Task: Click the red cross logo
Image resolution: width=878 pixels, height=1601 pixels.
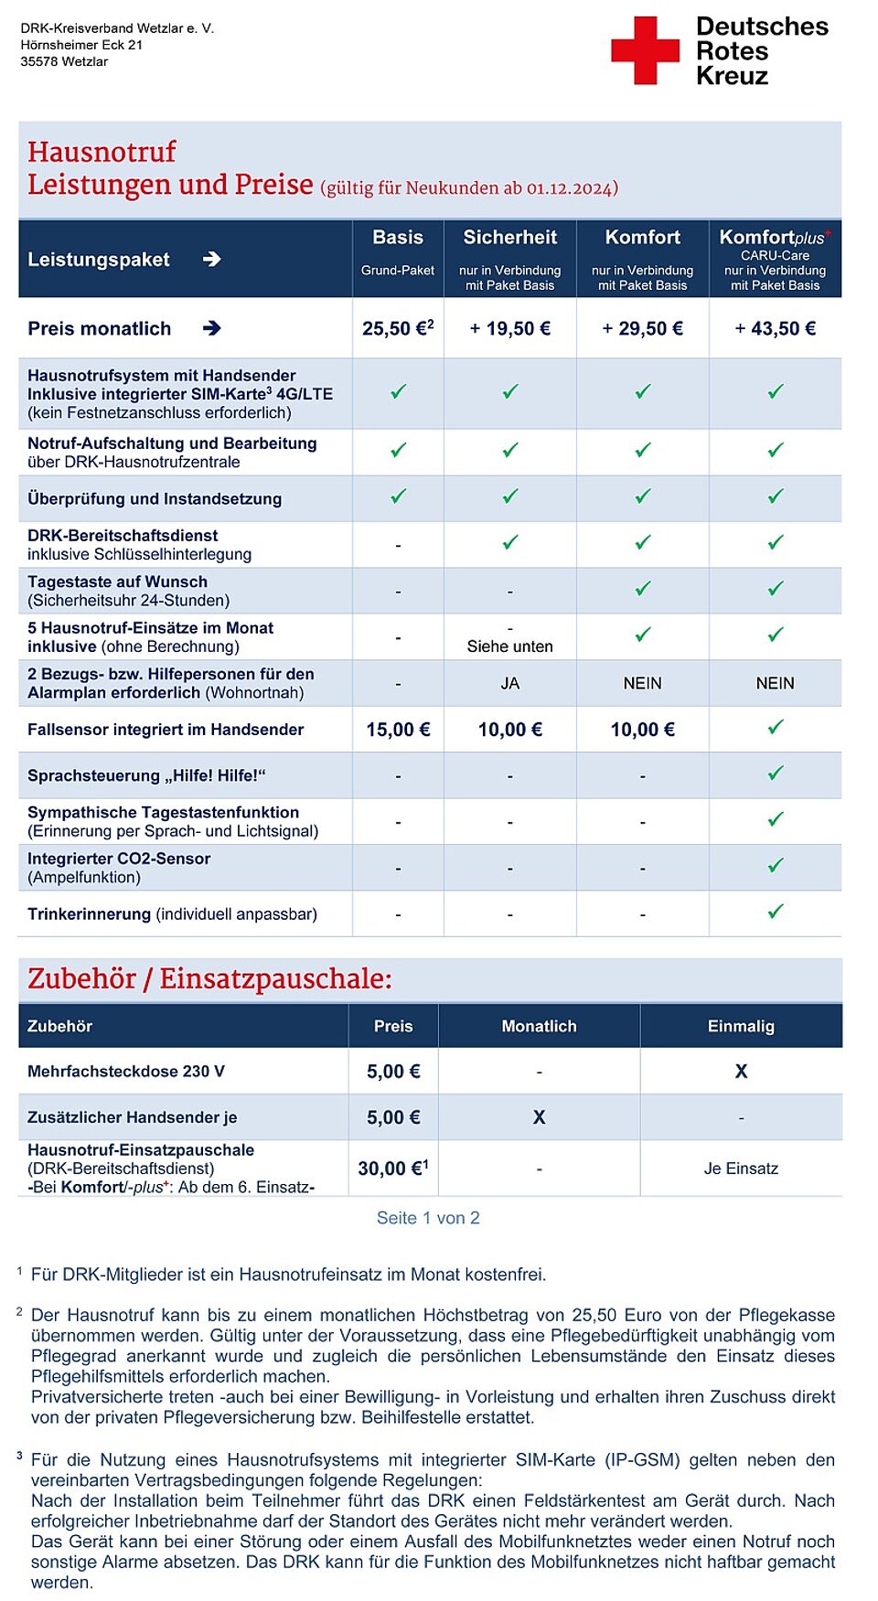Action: click(645, 50)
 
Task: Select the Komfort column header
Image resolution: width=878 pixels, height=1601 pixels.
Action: click(642, 238)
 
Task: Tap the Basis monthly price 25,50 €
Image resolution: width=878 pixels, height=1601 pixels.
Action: click(398, 328)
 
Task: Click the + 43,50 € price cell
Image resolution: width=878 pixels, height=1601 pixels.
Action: click(775, 328)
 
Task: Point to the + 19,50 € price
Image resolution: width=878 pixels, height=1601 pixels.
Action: click(509, 328)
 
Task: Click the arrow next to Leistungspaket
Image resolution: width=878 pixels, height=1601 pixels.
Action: click(211, 260)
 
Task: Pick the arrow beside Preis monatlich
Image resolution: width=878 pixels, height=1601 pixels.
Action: click(211, 328)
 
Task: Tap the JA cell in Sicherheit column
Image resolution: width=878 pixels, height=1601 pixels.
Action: click(509, 683)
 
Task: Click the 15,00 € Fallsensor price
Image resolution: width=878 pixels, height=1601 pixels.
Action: click(398, 730)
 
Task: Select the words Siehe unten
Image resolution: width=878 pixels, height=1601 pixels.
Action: click(509, 646)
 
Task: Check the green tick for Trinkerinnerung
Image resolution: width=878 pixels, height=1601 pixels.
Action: click(776, 912)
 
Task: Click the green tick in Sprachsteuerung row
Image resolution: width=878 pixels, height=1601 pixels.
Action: click(776, 774)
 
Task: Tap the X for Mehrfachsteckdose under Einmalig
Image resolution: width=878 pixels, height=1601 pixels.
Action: click(741, 1072)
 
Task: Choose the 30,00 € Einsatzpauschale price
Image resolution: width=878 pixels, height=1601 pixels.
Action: click(392, 1169)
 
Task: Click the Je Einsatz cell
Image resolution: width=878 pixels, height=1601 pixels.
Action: click(741, 1169)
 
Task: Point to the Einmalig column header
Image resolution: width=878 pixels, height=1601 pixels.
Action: click(741, 1026)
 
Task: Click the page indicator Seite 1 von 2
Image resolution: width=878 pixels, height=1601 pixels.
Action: click(428, 1218)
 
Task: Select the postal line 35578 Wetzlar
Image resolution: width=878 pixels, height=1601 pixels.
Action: click(64, 61)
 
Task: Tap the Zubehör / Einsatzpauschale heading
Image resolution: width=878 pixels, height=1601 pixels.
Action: click(209, 978)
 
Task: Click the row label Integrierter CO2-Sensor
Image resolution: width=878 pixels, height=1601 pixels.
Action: click(119, 859)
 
